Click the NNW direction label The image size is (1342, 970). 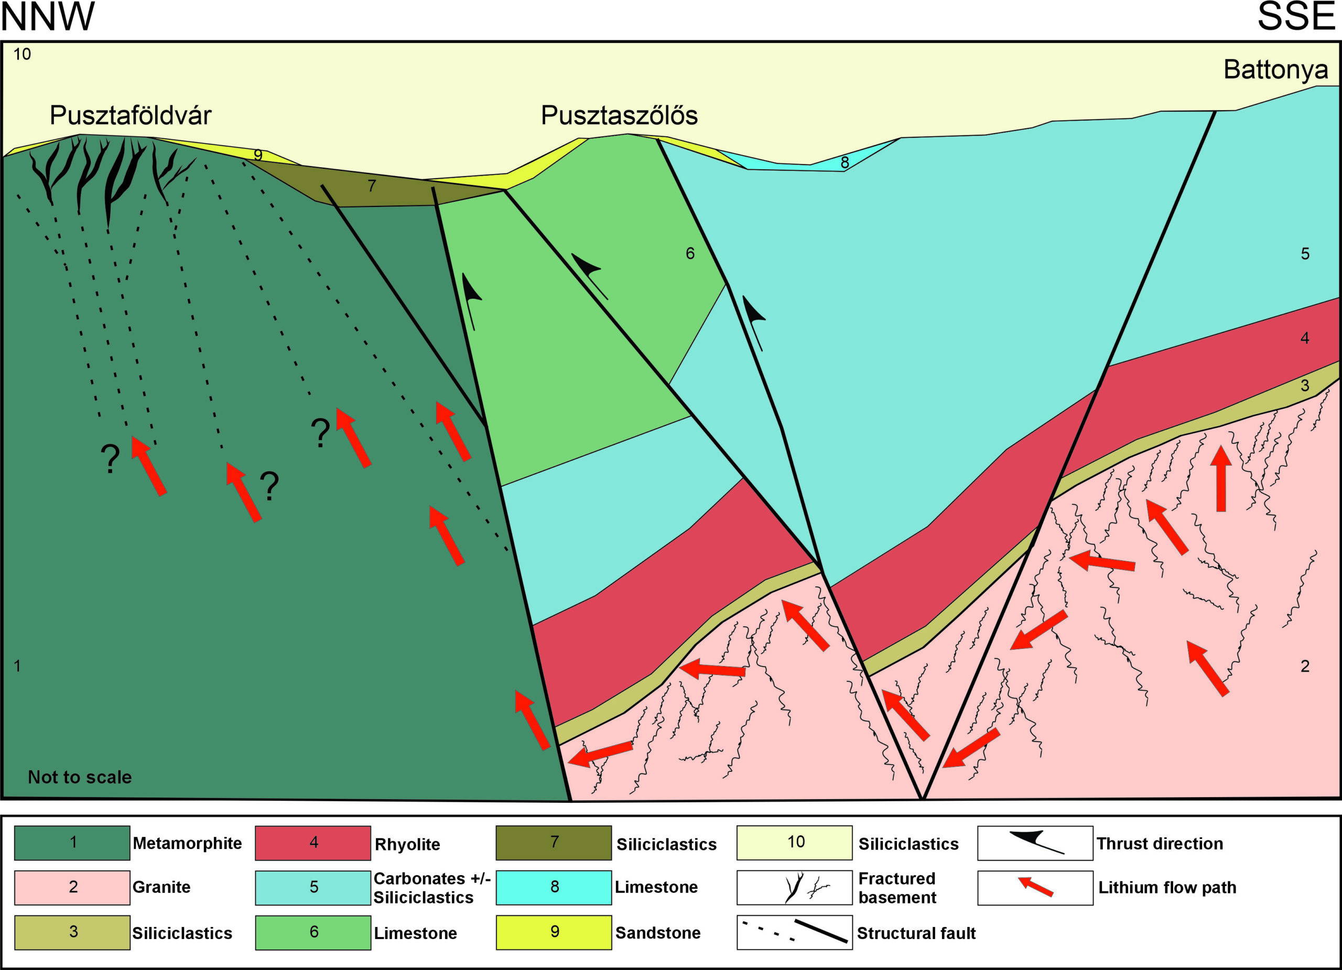point(47,17)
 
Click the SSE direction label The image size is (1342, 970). point(1295,17)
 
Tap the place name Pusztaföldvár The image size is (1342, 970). point(130,115)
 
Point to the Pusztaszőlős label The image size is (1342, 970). point(619,115)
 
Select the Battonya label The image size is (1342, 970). point(1275,70)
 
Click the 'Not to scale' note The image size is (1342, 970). point(80,777)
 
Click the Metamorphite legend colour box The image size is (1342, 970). point(72,842)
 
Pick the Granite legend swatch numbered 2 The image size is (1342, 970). point(72,887)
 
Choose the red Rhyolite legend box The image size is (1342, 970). point(313,842)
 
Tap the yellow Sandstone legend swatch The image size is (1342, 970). point(554,932)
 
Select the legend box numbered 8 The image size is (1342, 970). point(554,887)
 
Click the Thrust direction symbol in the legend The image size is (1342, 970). point(1035,842)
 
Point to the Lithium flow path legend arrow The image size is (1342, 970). point(1035,887)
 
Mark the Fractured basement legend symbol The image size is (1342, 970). point(794,887)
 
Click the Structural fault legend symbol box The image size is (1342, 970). point(794,932)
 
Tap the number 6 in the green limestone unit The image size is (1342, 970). point(690,254)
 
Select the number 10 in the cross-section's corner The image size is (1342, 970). point(23,55)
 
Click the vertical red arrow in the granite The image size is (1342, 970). point(1221,479)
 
